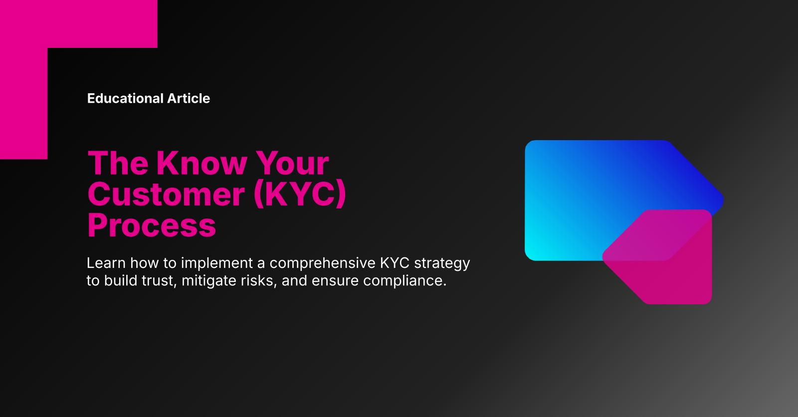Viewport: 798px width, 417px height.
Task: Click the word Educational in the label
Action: coord(125,98)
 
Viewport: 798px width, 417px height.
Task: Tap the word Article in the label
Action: coord(189,98)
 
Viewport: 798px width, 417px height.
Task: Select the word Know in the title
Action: coord(201,163)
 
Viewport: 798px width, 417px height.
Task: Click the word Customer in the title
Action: coord(166,194)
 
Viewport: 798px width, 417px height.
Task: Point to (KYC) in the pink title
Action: coord(300,194)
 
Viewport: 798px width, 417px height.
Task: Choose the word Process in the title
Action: coord(152,225)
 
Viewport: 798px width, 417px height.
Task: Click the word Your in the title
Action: coord(292,163)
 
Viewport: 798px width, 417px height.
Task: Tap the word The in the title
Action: coord(118,163)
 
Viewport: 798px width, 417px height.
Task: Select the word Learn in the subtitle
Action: coord(106,263)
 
